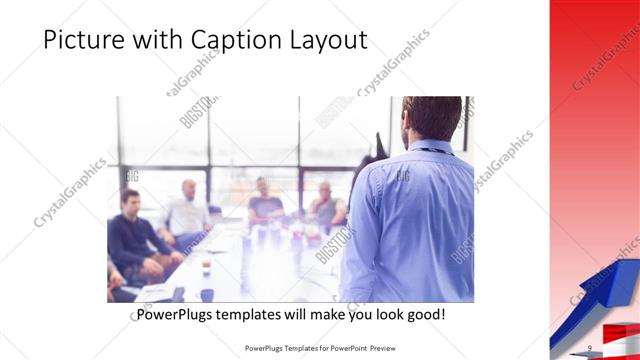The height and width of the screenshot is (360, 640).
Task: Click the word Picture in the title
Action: tap(82, 40)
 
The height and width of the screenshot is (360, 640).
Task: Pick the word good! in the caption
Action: tap(424, 315)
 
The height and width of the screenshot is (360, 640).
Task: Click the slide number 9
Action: tap(590, 347)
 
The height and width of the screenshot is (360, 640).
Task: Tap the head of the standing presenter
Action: tap(433, 116)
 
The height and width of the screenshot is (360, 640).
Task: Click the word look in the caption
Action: tap(385, 315)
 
